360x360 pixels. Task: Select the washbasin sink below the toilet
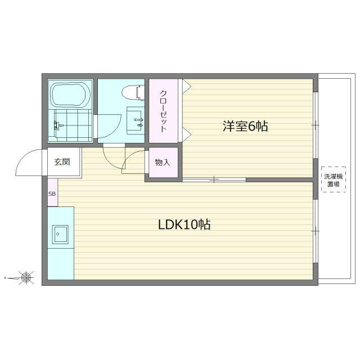pyautogui.click(x=136, y=119)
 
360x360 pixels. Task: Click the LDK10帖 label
pyautogui.click(x=184, y=224)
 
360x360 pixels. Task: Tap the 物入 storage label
pyautogui.click(x=163, y=163)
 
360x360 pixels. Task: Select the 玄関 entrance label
pyautogui.click(x=62, y=163)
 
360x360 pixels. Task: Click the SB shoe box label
pyautogui.click(x=52, y=193)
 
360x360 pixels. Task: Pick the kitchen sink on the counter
pyautogui.click(x=60, y=234)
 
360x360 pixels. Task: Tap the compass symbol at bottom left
pyautogui.click(x=25, y=277)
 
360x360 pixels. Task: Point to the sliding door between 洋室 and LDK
pyautogui.click(x=214, y=180)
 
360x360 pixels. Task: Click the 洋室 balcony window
pyautogui.click(x=315, y=124)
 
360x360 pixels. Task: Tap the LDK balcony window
pyautogui.click(x=315, y=230)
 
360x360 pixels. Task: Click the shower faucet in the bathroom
pyautogui.click(x=57, y=125)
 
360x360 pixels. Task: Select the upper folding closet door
pyautogui.click(x=186, y=85)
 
